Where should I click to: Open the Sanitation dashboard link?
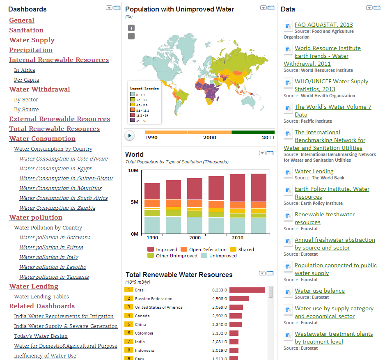click(26, 30)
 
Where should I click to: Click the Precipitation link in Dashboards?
click(31, 50)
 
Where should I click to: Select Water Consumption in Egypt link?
click(55, 169)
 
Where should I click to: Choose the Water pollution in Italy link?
click(49, 257)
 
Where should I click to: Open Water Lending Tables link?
click(41, 297)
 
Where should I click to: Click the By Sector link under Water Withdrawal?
click(26, 100)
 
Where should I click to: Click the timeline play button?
click(130, 135)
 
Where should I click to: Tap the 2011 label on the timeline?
click(268, 138)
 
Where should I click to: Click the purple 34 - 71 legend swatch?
click(133, 120)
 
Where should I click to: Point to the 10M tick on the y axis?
click(133, 170)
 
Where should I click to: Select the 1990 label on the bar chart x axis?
click(152, 238)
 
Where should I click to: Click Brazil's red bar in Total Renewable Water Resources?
click(247, 290)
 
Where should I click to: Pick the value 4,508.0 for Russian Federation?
click(220, 299)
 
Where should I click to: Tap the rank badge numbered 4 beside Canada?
click(129, 316)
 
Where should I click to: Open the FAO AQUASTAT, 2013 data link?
click(324, 25)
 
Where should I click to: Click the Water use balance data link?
click(320, 291)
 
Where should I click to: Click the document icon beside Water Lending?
click(288, 172)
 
